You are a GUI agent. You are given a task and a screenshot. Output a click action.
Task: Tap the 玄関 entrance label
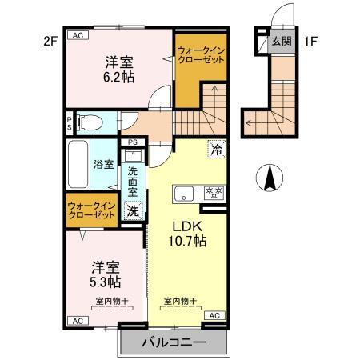(279, 41)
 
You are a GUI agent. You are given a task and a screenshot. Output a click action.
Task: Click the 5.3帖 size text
(105, 282)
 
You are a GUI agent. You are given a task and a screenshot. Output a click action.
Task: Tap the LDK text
(188, 224)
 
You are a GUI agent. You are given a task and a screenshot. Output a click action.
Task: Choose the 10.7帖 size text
(188, 240)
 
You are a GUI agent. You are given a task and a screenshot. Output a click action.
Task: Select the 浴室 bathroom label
(103, 166)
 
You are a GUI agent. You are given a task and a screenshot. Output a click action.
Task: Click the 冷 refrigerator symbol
(217, 147)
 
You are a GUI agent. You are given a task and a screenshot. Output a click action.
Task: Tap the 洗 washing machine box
(133, 211)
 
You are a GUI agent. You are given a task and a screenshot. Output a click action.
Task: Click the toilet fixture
(89, 122)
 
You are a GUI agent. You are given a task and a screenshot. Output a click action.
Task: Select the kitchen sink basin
(185, 193)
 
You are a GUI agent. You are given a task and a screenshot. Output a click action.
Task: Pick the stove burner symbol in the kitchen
(214, 193)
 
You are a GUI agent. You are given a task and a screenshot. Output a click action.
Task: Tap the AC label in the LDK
(214, 317)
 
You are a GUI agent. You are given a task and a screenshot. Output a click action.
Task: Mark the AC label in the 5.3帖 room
(78, 321)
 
